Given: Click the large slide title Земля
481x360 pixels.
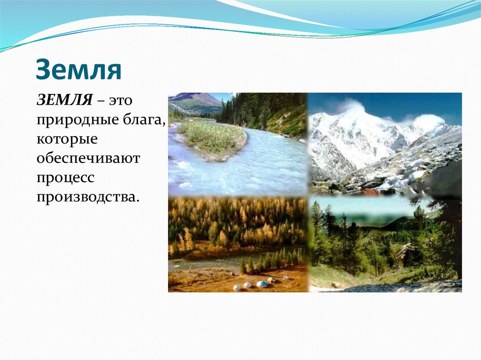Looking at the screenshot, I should coord(79,69).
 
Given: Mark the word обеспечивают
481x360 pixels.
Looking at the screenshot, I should coord(88,158).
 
